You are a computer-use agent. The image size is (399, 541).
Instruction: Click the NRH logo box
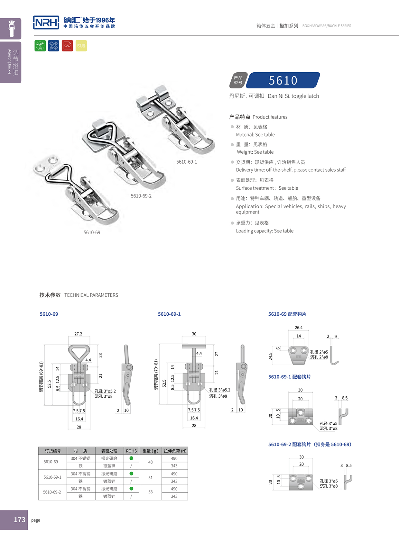click(46, 23)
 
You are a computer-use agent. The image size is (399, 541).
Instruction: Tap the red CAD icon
click(67, 46)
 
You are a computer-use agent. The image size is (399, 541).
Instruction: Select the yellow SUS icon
click(81, 46)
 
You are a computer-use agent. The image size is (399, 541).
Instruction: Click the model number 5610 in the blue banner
click(283, 80)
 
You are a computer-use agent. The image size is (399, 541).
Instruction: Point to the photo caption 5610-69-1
click(186, 162)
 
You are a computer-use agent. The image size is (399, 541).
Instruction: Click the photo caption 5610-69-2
click(141, 196)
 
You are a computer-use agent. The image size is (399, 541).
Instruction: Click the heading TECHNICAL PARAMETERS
click(91, 295)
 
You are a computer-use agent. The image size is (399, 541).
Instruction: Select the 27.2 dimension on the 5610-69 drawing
click(78, 334)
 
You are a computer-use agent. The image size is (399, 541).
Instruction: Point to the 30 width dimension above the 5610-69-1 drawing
click(194, 334)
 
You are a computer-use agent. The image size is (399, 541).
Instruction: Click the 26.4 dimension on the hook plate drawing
click(299, 328)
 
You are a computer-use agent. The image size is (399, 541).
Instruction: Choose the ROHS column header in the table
click(131, 451)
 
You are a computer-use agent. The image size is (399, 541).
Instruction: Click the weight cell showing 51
click(150, 478)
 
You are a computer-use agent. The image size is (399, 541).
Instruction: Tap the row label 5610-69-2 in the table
click(52, 492)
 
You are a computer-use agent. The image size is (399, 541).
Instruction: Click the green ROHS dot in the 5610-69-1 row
click(131, 473)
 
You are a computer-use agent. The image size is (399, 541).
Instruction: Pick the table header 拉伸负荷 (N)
click(175, 451)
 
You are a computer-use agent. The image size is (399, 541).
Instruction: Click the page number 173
click(19, 520)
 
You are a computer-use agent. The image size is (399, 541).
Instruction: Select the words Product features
click(270, 117)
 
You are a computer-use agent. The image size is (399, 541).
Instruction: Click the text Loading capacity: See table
click(264, 231)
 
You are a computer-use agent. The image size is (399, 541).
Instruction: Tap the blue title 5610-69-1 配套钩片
click(289, 377)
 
